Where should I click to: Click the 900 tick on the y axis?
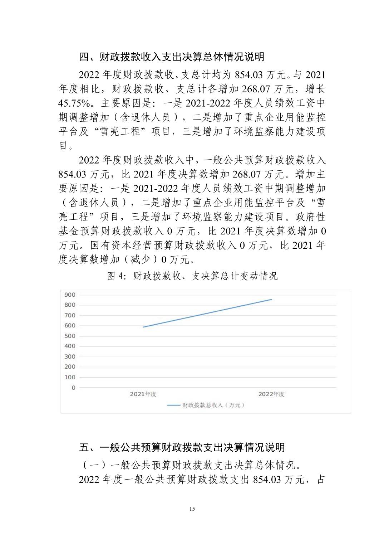70,295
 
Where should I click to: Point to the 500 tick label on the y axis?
70,336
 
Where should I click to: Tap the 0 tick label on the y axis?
74,388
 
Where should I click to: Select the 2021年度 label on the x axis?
143,394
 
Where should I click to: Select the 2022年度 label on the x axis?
271,394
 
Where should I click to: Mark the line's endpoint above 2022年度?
272,299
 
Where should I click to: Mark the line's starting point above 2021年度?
143,327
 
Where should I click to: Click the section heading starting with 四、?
172,57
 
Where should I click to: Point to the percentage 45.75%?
76,103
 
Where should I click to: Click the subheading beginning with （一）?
189,465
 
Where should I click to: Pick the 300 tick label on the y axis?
70,356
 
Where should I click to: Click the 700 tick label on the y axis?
70,315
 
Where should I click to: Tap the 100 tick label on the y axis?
70,377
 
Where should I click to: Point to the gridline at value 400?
207,346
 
